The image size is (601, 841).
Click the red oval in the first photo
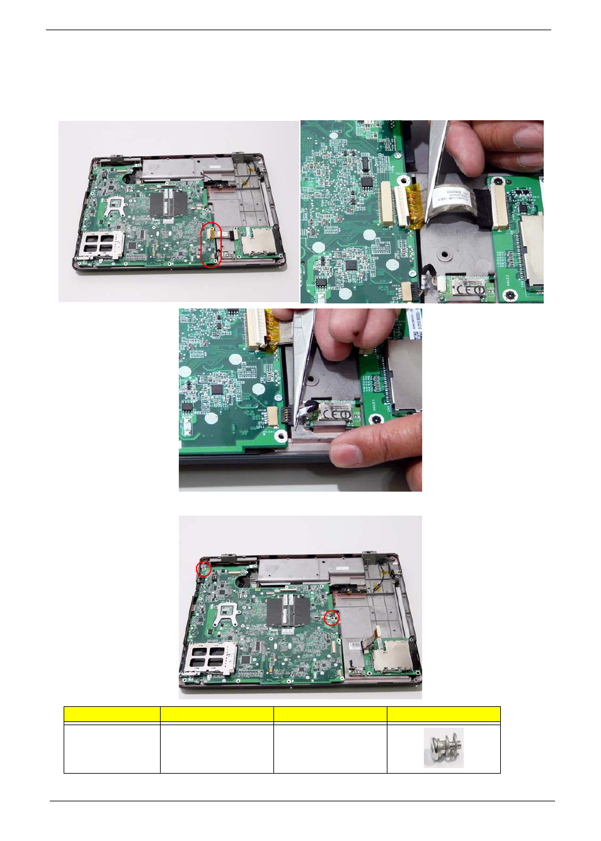[x=211, y=245]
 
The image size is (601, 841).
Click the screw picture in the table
[x=444, y=747]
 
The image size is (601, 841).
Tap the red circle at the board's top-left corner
[x=203, y=568]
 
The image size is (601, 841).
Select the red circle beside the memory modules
[x=331, y=618]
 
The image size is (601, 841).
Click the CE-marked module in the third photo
[x=335, y=414]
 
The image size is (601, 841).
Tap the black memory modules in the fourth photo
[x=289, y=610]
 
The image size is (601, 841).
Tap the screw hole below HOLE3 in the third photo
[x=378, y=419]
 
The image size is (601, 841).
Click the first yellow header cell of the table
[x=112, y=714]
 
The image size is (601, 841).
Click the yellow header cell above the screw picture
[x=444, y=714]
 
